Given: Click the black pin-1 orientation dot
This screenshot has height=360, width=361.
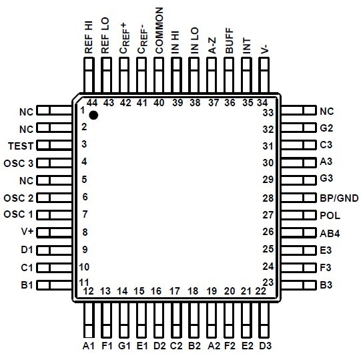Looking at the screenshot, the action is point(93,115).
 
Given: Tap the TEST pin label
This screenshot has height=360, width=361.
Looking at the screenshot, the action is point(21,146).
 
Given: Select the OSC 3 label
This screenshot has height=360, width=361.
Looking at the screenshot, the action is point(19,164).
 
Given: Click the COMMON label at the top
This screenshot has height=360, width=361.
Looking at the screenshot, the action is point(159,31).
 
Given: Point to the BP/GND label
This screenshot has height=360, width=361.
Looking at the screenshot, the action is point(339,198).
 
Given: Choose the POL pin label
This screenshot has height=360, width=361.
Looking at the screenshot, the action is point(330,216).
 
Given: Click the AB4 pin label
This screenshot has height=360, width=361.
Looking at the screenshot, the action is point(330,234).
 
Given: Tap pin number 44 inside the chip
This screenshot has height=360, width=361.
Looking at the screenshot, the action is point(92,103).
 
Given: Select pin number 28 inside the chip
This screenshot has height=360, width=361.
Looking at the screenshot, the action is point(268,198).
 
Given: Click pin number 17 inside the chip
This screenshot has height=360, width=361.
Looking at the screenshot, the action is point(175,291).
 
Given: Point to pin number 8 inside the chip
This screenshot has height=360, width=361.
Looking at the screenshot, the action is point(85,232).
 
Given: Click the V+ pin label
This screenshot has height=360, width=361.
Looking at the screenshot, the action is point(27,232).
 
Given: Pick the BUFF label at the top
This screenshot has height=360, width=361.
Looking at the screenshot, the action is point(230,41).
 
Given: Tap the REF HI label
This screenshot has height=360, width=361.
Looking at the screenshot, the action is point(89,37).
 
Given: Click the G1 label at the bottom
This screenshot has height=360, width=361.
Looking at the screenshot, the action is point(124,346).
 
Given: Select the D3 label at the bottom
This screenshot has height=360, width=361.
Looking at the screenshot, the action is point(266,346).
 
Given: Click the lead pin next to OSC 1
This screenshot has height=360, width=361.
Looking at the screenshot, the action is point(54,215).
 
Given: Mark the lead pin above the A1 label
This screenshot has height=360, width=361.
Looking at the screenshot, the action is point(89,320).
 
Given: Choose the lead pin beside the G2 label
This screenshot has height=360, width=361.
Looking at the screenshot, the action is point(298,128).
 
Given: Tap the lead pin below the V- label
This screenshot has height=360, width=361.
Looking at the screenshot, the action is point(264,75).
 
